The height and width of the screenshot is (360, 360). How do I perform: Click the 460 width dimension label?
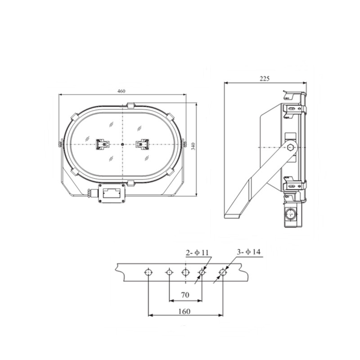(121, 91)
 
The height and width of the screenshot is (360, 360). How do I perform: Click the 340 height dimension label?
(193, 147)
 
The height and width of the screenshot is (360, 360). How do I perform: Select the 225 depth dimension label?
(265, 79)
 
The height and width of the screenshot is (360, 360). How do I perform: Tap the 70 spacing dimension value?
(185, 295)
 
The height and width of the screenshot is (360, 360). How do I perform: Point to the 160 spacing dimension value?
(184, 311)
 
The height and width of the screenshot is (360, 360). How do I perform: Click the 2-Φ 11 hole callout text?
(197, 253)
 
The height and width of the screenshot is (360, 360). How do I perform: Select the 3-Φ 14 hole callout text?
(249, 252)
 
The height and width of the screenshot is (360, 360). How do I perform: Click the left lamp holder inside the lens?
(103, 144)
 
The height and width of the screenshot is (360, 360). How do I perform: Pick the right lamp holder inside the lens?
(142, 144)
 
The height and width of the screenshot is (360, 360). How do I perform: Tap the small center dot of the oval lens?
(122, 144)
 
